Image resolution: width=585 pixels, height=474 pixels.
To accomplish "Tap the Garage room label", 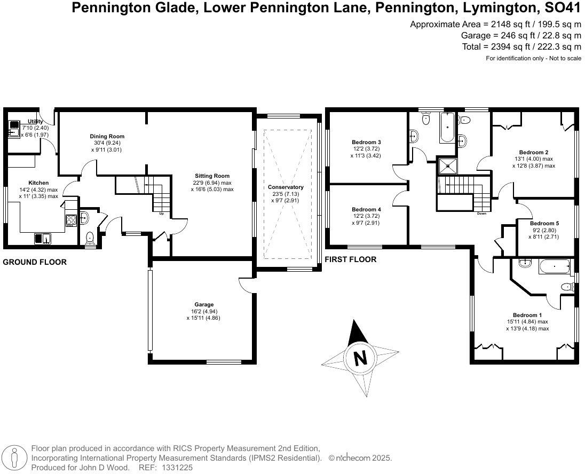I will (203, 305).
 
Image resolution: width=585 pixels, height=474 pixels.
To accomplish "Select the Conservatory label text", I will (286, 187).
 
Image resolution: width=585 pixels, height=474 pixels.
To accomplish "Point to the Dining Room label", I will (107, 137).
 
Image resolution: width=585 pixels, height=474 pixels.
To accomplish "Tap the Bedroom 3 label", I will (366, 142).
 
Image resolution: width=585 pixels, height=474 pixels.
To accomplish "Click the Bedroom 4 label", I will (366, 209).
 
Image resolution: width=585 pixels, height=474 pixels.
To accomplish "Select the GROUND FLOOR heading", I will (35, 262).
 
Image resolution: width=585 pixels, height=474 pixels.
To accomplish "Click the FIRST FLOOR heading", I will (351, 259).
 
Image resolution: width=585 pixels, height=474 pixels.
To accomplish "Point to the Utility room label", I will (36, 122).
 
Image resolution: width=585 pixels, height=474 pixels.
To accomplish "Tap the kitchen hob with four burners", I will (71, 219).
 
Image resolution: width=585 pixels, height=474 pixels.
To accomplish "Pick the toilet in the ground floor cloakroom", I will (90, 237).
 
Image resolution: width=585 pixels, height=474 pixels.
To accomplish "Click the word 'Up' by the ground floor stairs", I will (161, 215).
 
